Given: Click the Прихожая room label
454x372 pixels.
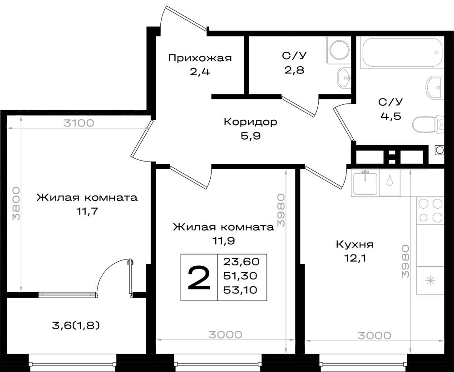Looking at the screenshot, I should point(200,58).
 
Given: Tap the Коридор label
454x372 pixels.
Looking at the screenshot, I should point(250,122).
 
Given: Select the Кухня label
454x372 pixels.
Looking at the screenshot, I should point(354,245).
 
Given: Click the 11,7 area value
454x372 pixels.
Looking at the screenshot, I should point(88,211).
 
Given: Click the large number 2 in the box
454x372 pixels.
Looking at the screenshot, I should point(199,278).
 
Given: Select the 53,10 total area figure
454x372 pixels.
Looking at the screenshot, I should point(241,290).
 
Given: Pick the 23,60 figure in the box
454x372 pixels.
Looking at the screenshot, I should point(241,261).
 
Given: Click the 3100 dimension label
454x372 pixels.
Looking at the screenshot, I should point(79,122).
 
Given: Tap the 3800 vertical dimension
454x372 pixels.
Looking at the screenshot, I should point(16,203).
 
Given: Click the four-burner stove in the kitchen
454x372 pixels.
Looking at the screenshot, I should point(430,210).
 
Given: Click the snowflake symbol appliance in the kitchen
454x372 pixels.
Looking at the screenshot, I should point(430,281).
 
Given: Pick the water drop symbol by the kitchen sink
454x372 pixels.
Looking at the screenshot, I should point(390,181).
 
